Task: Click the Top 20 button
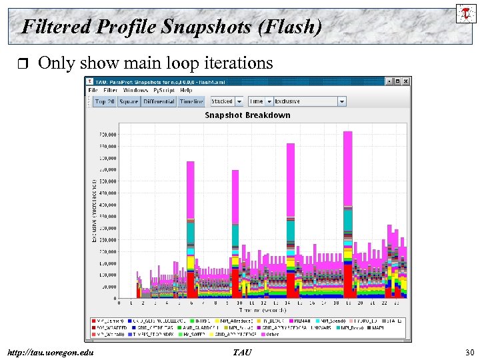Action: tap(105, 101)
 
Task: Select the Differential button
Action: tap(158, 101)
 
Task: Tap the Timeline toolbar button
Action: tap(191, 101)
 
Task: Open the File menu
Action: tap(93, 90)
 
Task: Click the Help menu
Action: tap(186, 90)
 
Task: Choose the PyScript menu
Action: tap(164, 90)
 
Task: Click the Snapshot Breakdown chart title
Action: tap(247, 115)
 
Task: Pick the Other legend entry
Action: tap(272, 334)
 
